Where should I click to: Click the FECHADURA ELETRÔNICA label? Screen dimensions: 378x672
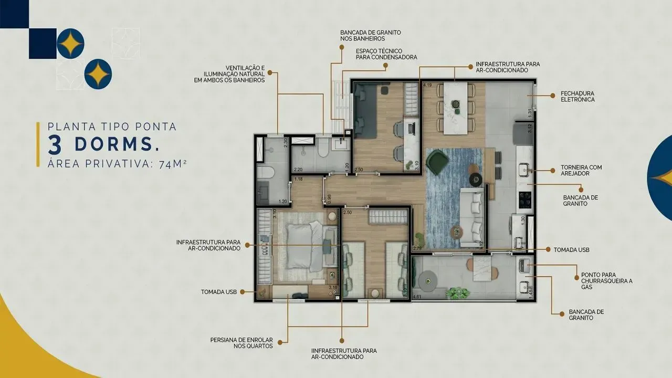[577, 96]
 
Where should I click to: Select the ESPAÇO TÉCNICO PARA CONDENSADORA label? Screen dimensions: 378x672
[386, 54]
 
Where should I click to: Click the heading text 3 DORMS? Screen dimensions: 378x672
[103, 143]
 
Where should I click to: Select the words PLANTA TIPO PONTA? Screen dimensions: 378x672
[112, 127]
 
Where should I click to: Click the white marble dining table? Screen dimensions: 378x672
[455, 108]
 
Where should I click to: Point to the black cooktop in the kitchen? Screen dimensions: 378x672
[525, 199]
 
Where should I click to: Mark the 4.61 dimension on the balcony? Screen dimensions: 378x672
[418, 297]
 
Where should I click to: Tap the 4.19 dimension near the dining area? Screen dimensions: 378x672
[427, 85]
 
